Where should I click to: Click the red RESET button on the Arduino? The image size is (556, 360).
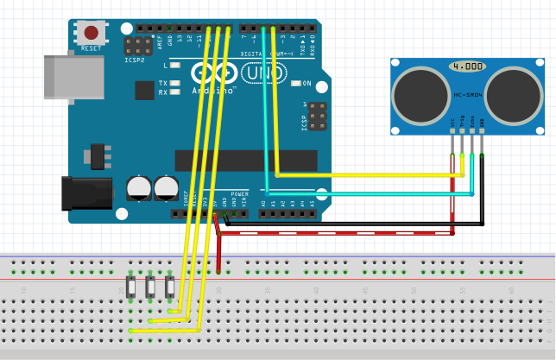tap(91, 34)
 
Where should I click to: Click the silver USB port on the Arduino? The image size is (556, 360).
tap(73, 76)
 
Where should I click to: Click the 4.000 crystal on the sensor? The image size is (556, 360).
tap(467, 66)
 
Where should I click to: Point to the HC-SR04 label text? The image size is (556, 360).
tap(467, 94)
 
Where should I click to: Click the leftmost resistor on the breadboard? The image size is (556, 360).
tap(131, 286)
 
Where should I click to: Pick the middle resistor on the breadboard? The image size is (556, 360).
tap(150, 286)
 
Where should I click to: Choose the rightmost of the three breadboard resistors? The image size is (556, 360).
tap(169, 286)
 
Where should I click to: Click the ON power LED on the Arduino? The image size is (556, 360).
tap(295, 84)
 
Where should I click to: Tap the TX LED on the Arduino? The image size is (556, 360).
tap(175, 84)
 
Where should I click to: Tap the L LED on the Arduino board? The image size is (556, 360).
tap(175, 66)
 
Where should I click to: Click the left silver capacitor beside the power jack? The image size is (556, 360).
tap(139, 187)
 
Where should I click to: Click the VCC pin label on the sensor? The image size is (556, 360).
tap(452, 122)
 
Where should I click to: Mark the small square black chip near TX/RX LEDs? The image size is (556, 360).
tap(144, 89)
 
